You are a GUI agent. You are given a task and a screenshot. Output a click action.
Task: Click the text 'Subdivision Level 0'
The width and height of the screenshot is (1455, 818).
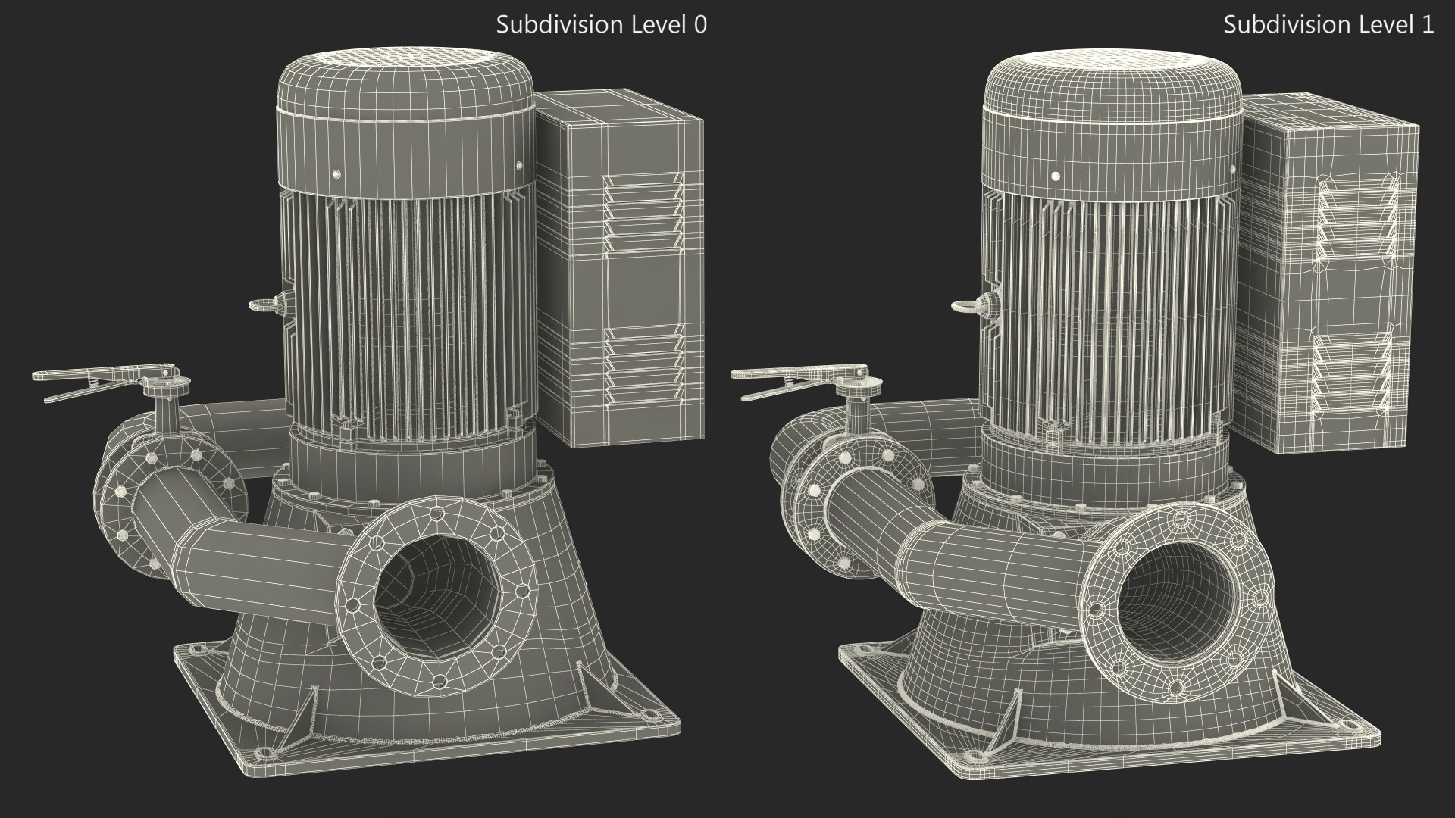[601, 25]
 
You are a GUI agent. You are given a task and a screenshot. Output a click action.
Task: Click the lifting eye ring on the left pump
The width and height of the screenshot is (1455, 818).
[260, 305]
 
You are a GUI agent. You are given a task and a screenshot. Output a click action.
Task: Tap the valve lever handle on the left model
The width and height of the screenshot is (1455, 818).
[91, 378]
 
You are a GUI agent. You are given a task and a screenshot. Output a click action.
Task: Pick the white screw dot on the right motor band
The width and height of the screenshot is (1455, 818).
[1055, 176]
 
